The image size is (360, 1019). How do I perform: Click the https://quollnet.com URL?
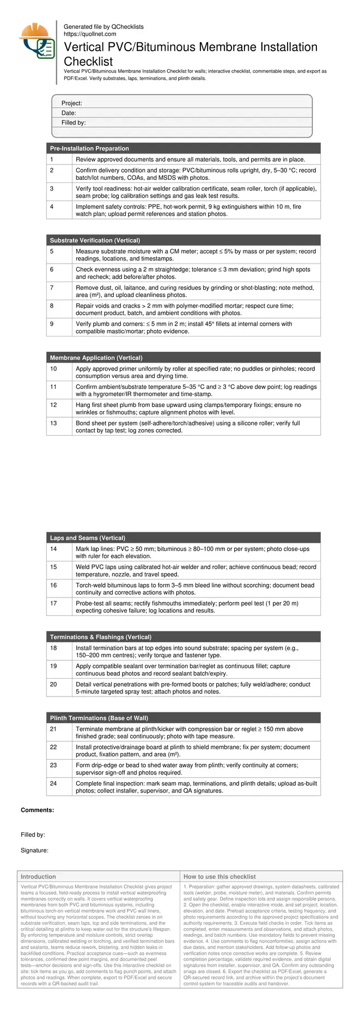pos(90,34)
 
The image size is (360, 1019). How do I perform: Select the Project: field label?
pos(71,103)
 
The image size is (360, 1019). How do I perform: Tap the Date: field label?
pos(69,113)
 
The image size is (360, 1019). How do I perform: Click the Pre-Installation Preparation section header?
pos(89,149)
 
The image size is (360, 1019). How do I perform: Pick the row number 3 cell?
pos(52,188)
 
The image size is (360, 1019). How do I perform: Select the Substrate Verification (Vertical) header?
pos(95,241)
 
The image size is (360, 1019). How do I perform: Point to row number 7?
pos(52,288)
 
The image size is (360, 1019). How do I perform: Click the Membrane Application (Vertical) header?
pos(96,358)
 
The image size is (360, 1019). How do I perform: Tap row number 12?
pos(53,405)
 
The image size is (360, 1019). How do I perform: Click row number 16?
pos(53,585)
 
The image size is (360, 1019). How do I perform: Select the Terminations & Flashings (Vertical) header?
pos(101,637)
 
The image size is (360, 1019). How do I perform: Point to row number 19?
pos(53,666)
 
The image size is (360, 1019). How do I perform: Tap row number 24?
pos(53,784)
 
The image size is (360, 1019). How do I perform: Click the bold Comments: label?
pos(37,810)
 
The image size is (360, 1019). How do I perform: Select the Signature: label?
pos(34,850)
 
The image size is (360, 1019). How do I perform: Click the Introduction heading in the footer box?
pos(38,877)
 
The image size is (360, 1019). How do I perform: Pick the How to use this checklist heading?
pos(219,877)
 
